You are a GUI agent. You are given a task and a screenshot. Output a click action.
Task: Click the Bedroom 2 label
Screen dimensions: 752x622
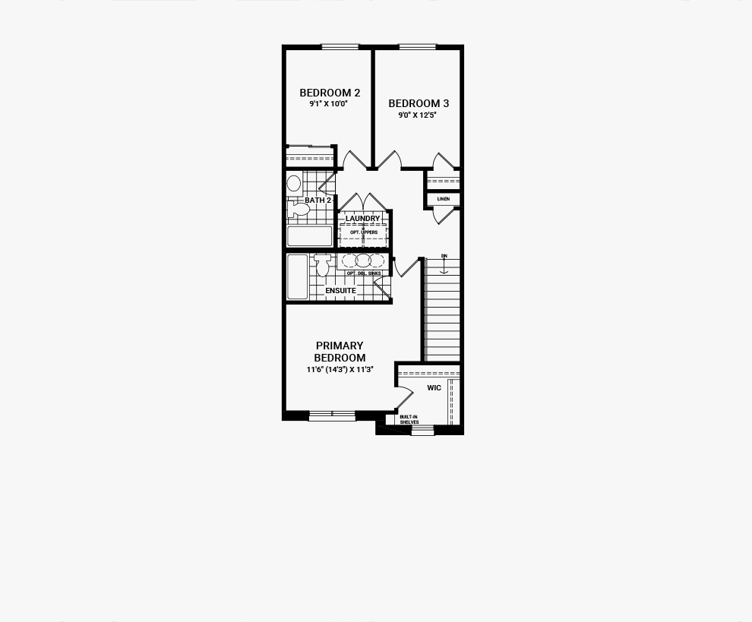(x=330, y=93)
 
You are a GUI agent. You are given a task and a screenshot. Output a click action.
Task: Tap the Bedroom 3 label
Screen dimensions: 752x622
(x=419, y=103)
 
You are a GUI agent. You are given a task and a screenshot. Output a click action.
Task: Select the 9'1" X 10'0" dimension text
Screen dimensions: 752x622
(x=328, y=103)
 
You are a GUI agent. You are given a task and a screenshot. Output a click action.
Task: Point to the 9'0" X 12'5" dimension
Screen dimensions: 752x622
(x=417, y=115)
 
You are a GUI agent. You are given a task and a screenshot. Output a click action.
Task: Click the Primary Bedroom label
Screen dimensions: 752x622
(x=340, y=352)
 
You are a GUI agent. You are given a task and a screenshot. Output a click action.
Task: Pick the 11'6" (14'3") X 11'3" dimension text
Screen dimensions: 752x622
(x=340, y=369)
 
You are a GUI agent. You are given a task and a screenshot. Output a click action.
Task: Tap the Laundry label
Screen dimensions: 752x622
(x=362, y=219)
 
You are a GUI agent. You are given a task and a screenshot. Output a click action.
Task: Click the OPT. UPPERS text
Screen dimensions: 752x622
(x=364, y=232)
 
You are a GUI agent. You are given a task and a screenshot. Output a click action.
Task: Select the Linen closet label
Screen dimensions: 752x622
(x=444, y=199)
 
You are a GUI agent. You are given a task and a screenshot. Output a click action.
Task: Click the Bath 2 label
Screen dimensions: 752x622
(x=318, y=200)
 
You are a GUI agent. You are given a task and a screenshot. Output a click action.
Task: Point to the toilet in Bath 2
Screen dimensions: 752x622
(x=298, y=210)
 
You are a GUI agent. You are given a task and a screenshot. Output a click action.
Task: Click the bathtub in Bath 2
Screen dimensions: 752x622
(x=309, y=236)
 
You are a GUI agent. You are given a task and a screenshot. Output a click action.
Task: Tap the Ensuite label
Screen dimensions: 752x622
(x=340, y=291)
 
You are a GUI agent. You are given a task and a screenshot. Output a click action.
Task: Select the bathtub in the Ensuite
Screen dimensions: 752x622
(x=297, y=276)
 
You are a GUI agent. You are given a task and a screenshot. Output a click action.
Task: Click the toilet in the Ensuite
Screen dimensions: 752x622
(x=323, y=265)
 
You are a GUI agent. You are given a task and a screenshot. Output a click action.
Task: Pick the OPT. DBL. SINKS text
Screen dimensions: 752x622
(x=364, y=273)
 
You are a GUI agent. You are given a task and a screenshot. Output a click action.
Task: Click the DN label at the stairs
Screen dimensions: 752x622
(x=444, y=256)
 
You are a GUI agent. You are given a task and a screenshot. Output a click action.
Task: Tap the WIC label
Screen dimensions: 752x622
(x=434, y=387)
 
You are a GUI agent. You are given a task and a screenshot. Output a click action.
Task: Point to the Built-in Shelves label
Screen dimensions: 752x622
(x=409, y=420)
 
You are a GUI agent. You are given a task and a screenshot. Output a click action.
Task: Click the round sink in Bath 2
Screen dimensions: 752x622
(x=294, y=183)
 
